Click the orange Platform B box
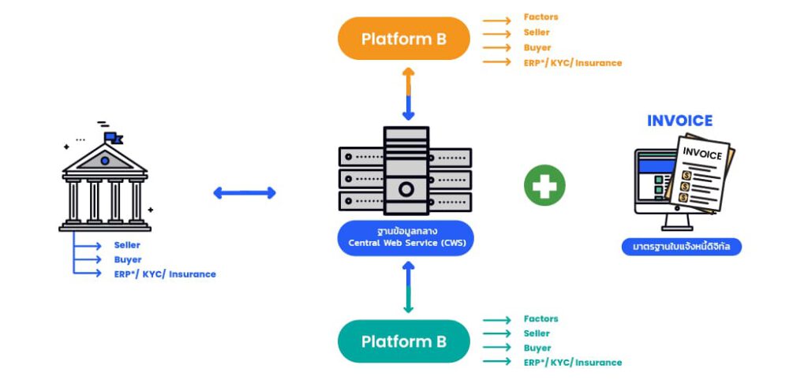click(x=403, y=39)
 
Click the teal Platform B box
click(x=403, y=341)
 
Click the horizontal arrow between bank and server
click(x=245, y=192)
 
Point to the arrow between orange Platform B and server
click(x=408, y=93)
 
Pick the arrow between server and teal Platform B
click(x=408, y=287)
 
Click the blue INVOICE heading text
click(x=679, y=121)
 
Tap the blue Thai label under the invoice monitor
click(x=681, y=247)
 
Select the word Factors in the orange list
click(x=541, y=17)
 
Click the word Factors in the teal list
click(x=541, y=319)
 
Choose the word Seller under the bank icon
click(x=127, y=245)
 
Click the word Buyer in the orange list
click(x=537, y=47)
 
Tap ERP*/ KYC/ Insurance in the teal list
click(x=572, y=363)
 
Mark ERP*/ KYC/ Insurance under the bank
click(x=164, y=274)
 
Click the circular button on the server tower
click(x=406, y=189)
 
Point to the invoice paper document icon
click(x=701, y=176)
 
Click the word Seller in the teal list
click(x=537, y=333)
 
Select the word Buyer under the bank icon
click(x=127, y=259)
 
